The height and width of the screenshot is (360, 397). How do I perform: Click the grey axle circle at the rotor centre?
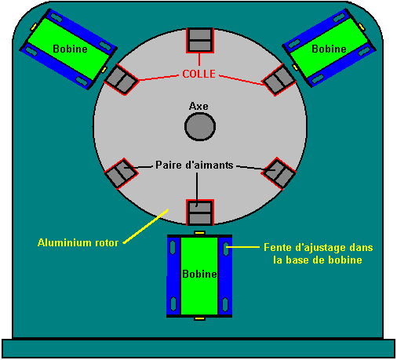pyautogui.click(x=200, y=126)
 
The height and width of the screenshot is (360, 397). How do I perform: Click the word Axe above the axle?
pyautogui.click(x=198, y=106)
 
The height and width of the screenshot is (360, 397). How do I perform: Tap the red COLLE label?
pyautogui.click(x=199, y=74)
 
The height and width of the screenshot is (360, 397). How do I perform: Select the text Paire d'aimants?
pyautogui.click(x=195, y=165)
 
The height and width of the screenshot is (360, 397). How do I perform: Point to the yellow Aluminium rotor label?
pyautogui.click(x=78, y=242)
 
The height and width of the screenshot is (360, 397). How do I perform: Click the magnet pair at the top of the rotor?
pyautogui.click(x=200, y=40)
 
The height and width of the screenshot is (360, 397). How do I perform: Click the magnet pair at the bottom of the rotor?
pyautogui.click(x=200, y=213)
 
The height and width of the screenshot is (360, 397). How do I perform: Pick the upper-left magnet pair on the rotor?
pyautogui.click(x=121, y=79)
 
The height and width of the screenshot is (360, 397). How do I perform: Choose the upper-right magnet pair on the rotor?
pyautogui.click(x=279, y=79)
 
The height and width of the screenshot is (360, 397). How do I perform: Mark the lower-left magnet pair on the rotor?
pyautogui.click(x=121, y=173)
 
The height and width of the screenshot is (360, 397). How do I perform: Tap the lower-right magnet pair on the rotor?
pyautogui.click(x=279, y=173)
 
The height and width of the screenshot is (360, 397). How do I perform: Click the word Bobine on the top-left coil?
pyautogui.click(x=70, y=49)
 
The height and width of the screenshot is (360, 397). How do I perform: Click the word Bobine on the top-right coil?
pyautogui.click(x=329, y=49)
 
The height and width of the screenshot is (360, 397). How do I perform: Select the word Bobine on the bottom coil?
pyautogui.click(x=199, y=274)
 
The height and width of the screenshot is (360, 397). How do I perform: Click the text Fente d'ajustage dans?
pyautogui.click(x=319, y=247)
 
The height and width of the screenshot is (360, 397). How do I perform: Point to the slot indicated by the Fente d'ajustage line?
pyautogui.click(x=225, y=249)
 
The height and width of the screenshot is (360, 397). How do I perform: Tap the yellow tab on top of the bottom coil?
pyautogui.click(x=199, y=232)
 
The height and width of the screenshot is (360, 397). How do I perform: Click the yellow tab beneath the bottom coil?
pyautogui.click(x=199, y=318)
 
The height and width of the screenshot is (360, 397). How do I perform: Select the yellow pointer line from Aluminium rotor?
pyautogui.click(x=145, y=226)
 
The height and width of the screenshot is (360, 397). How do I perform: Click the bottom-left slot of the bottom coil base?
pyautogui.click(x=173, y=304)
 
